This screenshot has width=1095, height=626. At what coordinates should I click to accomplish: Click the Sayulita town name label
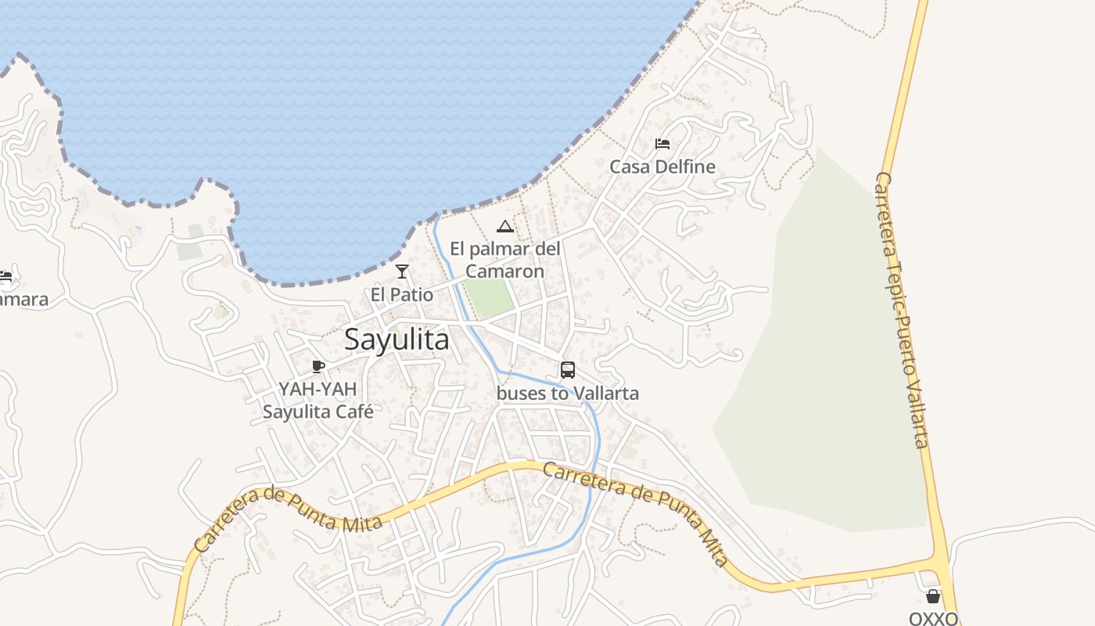point(397,340)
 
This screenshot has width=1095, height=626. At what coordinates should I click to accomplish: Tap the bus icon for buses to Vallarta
point(568,370)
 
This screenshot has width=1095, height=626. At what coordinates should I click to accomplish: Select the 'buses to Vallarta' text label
point(568,393)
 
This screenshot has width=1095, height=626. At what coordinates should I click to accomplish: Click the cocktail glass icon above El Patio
point(402,272)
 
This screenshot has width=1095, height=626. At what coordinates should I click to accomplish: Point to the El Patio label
point(402,295)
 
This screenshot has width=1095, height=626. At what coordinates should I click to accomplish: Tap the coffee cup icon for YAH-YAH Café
point(318,366)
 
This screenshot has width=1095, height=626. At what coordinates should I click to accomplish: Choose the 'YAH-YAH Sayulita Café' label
point(318,400)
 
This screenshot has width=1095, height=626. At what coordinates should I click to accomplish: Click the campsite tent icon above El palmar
point(505,227)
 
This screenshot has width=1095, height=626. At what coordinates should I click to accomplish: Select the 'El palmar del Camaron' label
point(505,260)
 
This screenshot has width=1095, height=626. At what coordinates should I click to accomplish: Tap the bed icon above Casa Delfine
point(662,144)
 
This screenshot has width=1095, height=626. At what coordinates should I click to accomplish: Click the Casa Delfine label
point(662,167)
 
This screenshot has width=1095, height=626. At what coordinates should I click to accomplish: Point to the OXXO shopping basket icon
point(932,596)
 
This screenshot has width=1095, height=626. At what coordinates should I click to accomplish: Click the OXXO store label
point(933,618)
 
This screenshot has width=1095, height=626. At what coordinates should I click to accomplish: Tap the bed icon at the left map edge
point(5,276)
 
